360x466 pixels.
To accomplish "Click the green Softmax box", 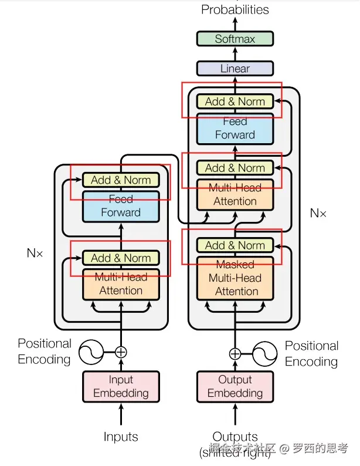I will point(235,39).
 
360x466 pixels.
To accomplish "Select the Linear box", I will point(235,69).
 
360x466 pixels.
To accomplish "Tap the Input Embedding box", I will point(121,386).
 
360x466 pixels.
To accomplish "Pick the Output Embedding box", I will point(235,386).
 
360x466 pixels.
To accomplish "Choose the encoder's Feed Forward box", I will point(121,206).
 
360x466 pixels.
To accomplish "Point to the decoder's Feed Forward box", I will point(235,129).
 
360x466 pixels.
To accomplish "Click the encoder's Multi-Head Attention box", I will point(121,284).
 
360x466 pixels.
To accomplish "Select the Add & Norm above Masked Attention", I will point(235,245).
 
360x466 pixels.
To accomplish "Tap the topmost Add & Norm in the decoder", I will point(235,102).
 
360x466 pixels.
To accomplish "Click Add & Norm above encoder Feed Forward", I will point(121,180).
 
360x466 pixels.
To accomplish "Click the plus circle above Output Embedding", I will point(235,353).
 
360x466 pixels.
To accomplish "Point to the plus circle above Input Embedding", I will point(121,352).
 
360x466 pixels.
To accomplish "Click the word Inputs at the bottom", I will point(121,437).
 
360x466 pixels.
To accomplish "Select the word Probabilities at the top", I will point(235,9).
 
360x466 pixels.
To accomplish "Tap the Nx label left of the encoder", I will point(35,253).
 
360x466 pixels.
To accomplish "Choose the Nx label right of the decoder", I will point(318,213).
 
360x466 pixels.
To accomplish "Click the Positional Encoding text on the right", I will point(311,353).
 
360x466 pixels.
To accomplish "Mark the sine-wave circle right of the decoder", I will point(264,353).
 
